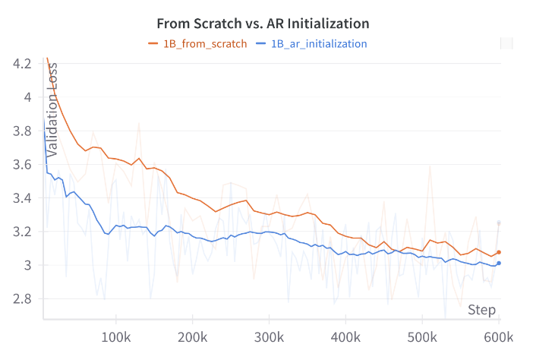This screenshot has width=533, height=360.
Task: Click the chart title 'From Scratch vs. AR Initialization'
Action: [x=262, y=23]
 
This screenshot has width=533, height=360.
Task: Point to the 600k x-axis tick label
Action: [x=497, y=336]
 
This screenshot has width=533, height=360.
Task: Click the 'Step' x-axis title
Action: [x=481, y=310]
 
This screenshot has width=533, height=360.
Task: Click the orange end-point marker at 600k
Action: [x=499, y=252]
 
